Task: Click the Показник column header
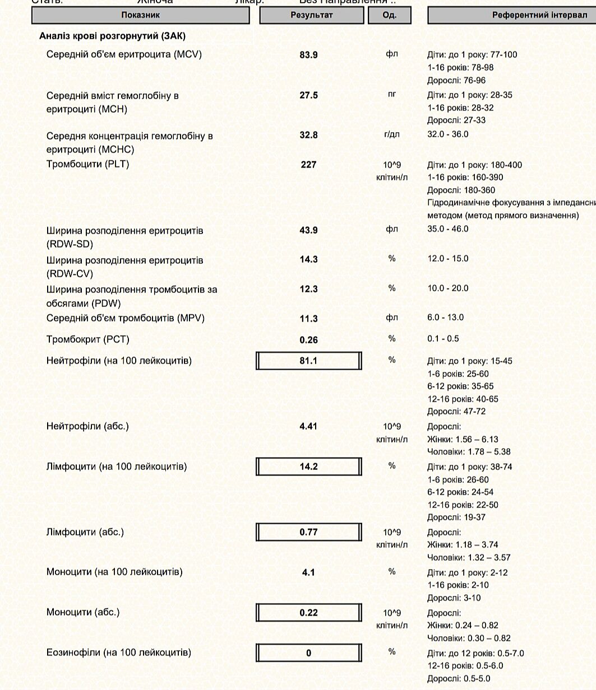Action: pos(140,15)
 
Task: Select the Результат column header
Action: pos(311,15)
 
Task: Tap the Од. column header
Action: pos(390,15)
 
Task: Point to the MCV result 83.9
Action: pos(308,55)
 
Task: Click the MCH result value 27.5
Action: pos(308,96)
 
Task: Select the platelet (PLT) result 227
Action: pos(308,165)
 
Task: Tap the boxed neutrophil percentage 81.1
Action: pos(308,361)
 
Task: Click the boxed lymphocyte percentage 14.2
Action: pos(308,467)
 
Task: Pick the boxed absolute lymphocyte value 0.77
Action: pos(308,532)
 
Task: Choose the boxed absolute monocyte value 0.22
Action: pos(308,613)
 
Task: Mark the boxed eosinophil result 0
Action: pos(308,653)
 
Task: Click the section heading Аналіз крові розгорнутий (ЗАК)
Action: pos(112,36)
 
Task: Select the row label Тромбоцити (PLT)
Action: pos(87,164)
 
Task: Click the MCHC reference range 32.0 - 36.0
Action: pos(448,134)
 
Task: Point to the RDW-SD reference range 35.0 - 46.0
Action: pos(448,229)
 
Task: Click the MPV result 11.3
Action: pos(308,319)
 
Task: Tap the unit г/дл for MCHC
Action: pos(391,135)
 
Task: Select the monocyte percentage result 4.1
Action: pos(308,572)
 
